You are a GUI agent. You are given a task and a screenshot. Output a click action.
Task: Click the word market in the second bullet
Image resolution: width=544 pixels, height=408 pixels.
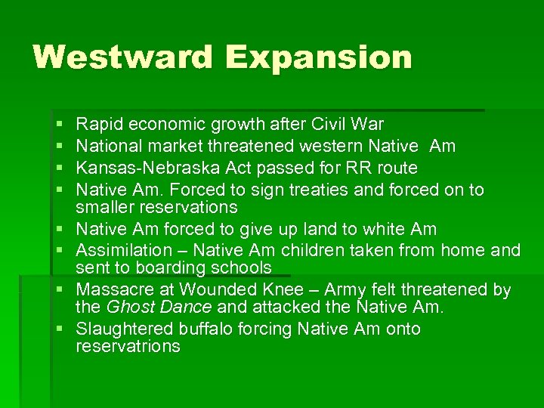(173, 146)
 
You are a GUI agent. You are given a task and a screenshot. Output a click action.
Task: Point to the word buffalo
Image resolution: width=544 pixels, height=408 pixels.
(207, 329)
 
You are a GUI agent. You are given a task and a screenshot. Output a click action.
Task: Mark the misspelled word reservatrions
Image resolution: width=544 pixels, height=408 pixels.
(128, 348)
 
